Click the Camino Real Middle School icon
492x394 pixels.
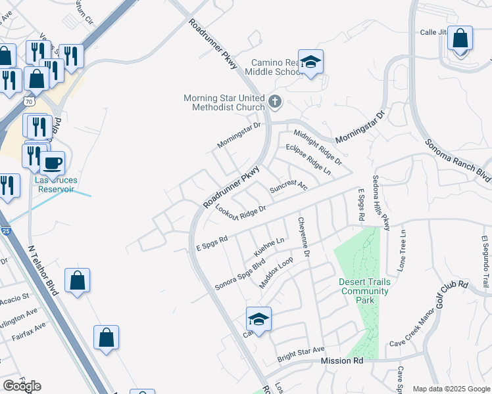tap(310, 62)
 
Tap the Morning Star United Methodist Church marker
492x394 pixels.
tap(276, 102)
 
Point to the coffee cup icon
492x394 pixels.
tap(52, 163)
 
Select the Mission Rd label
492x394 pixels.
tap(342, 361)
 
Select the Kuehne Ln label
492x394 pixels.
tap(268, 247)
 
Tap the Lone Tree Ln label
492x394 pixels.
tap(403, 251)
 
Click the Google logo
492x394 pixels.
tap(22, 385)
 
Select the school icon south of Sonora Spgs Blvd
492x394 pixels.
tap(259, 320)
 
